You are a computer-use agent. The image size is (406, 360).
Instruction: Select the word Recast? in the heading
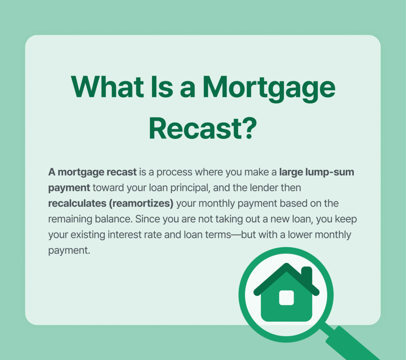click(x=203, y=128)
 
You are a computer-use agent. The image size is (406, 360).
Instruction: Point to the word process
click(x=170, y=173)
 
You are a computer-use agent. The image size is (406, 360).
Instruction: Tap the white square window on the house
click(x=286, y=298)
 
